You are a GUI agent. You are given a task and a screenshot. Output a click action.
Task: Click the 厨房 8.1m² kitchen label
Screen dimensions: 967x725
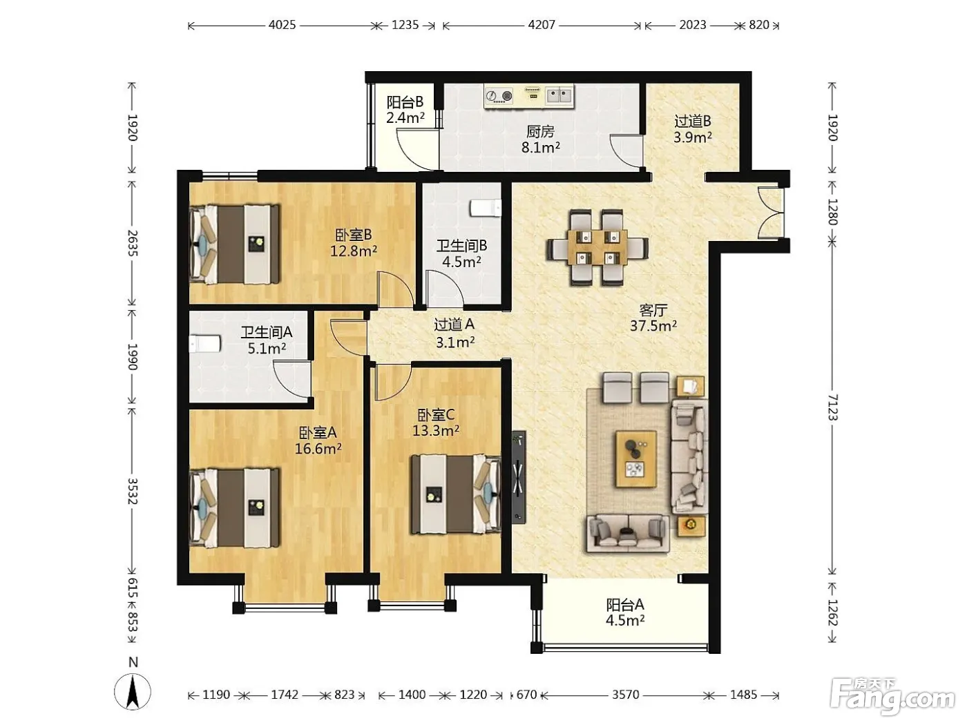(x=541, y=139)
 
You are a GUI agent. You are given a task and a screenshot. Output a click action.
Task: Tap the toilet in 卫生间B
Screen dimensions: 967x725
(x=486, y=208)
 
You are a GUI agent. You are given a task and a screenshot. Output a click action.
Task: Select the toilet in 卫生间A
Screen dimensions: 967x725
(x=205, y=344)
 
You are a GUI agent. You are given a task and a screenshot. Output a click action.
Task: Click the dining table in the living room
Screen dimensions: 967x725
(x=597, y=248)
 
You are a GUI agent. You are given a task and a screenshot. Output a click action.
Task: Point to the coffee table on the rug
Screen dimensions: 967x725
(x=636, y=460)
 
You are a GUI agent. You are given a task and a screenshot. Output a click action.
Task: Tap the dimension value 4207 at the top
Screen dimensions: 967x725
(x=542, y=25)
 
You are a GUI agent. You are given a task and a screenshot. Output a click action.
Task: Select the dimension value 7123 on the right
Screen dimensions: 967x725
(x=832, y=407)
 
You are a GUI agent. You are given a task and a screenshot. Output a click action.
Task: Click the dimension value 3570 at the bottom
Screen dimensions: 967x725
(x=625, y=695)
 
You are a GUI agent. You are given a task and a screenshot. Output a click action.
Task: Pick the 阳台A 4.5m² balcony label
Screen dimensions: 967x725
(x=625, y=612)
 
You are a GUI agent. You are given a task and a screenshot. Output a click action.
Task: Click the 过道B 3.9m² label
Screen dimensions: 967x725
(x=693, y=129)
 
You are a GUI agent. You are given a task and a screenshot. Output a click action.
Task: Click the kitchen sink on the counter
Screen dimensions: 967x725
(x=559, y=95)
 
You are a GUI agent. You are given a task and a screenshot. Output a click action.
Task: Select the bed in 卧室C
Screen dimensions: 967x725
(x=456, y=494)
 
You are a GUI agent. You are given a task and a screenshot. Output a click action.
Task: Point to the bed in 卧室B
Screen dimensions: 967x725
(x=234, y=244)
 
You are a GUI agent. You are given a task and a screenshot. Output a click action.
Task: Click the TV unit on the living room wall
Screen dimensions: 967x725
(x=519, y=477)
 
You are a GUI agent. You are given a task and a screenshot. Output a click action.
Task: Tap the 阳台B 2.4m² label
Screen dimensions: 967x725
(x=405, y=110)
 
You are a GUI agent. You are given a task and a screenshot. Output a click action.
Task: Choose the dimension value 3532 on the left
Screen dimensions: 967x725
(x=133, y=491)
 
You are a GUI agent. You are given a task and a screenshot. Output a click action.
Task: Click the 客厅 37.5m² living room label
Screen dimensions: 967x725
(x=653, y=318)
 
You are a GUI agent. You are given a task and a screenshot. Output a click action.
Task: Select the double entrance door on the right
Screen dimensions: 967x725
(x=771, y=213)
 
